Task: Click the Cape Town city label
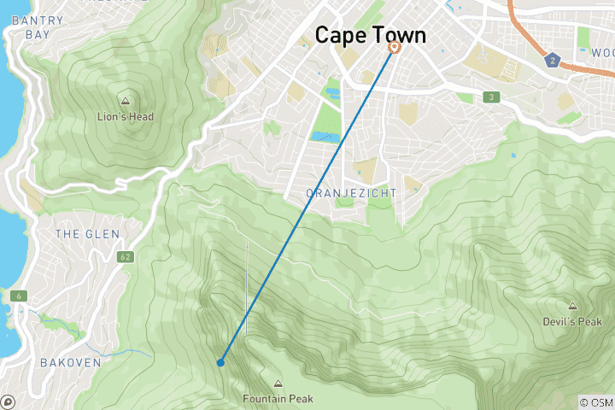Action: [x=370, y=35]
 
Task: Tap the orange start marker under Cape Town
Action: [x=394, y=48]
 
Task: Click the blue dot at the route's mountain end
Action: [x=220, y=363]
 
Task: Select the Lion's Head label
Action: [x=126, y=117]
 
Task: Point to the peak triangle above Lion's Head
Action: [x=126, y=101]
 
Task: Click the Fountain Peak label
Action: [x=278, y=399]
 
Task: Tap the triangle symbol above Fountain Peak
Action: [x=278, y=384]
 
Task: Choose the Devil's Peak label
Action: [x=571, y=322]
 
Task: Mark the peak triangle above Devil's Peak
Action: [x=571, y=306]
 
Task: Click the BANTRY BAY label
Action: [x=27, y=26]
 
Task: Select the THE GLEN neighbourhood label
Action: [x=86, y=234]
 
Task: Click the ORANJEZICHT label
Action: [x=351, y=194]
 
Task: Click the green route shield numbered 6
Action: [x=17, y=296]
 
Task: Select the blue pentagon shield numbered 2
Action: [x=553, y=60]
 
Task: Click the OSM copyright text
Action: [x=595, y=401]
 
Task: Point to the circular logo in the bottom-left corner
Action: [x=8, y=401]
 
